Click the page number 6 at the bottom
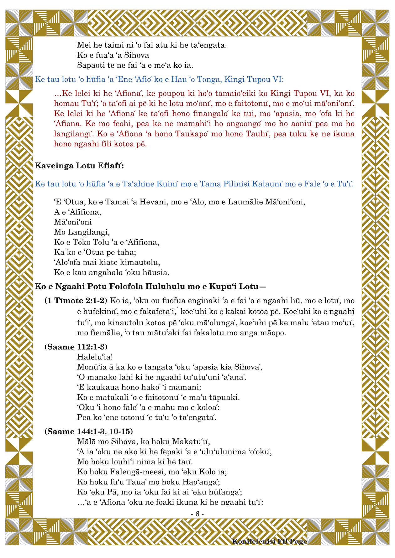click(197, 514)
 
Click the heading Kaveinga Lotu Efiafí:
click(79, 165)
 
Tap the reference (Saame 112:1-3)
click(76, 347)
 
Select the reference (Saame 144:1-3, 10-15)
click(89, 431)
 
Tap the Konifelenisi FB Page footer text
click(270, 541)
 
